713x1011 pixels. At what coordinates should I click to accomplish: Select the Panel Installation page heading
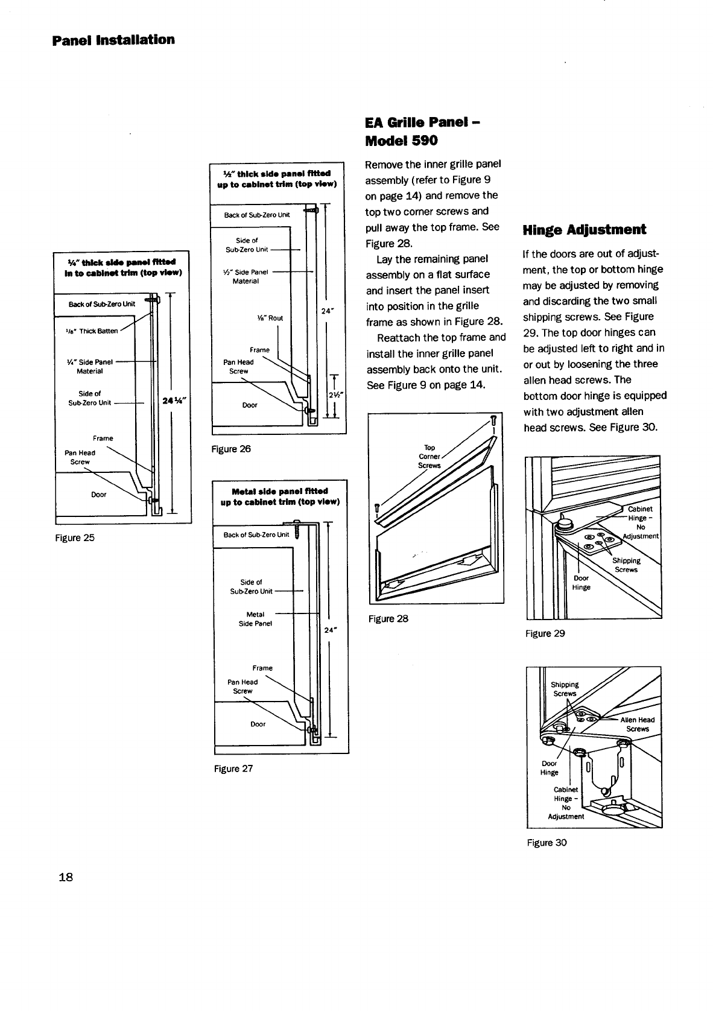pos(113,40)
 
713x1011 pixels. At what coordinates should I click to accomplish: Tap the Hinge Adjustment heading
pos(584,230)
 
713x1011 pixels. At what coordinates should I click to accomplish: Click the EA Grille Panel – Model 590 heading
pos(422,132)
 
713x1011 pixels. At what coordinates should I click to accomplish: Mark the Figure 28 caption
pos(388,618)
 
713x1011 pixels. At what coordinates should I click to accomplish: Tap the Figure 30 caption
pos(547,843)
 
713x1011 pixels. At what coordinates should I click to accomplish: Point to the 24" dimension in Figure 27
pos(330,630)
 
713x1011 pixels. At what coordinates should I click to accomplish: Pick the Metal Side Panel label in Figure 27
pos(256,619)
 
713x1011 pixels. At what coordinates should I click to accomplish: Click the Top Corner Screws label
pos(429,457)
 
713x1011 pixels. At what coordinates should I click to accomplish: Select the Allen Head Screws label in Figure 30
pos(637,724)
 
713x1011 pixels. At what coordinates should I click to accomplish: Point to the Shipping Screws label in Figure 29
pos(627,565)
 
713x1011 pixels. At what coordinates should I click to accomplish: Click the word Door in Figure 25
pos(98,495)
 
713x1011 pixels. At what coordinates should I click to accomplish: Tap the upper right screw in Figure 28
pos(493,420)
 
